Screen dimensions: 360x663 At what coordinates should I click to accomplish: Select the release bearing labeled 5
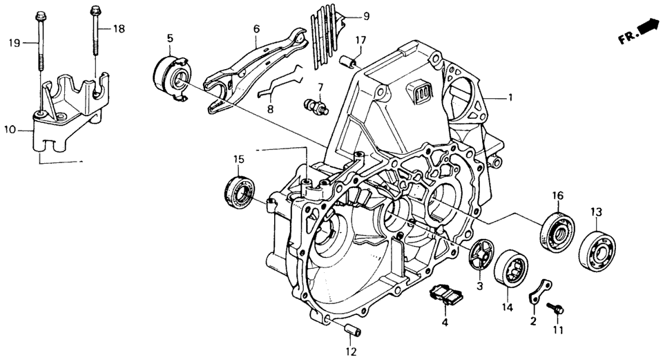point(171,76)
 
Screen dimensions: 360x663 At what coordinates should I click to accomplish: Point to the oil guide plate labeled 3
point(483,256)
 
